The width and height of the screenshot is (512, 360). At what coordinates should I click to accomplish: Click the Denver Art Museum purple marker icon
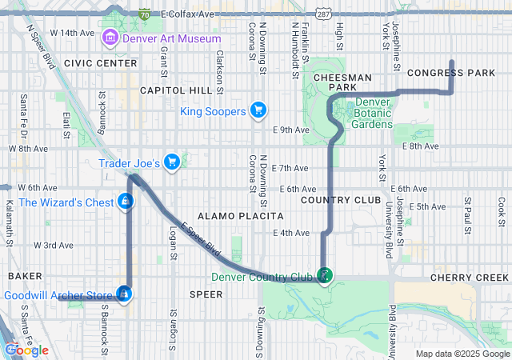(110, 38)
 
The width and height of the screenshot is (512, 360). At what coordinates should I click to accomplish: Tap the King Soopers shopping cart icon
(258, 110)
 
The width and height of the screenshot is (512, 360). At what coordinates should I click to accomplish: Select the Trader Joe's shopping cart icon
(171, 162)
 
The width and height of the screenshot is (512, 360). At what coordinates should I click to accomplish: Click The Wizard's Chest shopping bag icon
(125, 202)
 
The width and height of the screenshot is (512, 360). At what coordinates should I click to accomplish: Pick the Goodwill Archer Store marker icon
(124, 294)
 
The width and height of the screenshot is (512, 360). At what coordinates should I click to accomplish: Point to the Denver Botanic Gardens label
(373, 113)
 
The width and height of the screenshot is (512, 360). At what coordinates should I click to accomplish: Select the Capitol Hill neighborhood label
(174, 91)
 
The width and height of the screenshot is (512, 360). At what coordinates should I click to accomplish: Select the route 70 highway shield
(144, 14)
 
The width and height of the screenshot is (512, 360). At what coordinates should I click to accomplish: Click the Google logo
(26, 350)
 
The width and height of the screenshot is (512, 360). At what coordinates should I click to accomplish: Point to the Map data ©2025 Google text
(461, 354)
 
